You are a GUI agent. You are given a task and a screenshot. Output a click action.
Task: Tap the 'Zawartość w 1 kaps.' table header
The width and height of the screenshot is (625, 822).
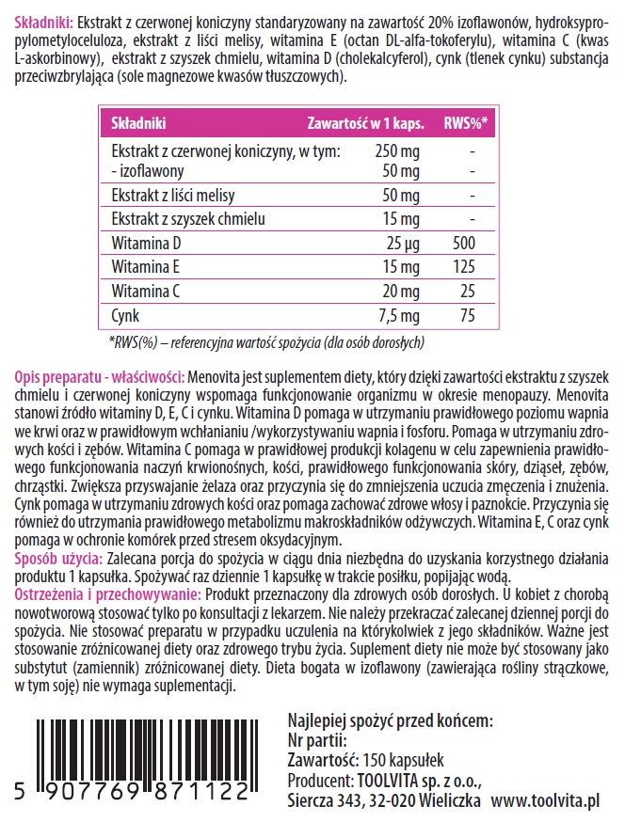point(366,122)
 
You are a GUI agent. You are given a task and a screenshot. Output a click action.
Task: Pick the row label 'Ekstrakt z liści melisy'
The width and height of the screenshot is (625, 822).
point(172,196)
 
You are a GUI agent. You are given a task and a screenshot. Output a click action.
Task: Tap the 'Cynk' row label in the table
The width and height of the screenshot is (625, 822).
point(125,315)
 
